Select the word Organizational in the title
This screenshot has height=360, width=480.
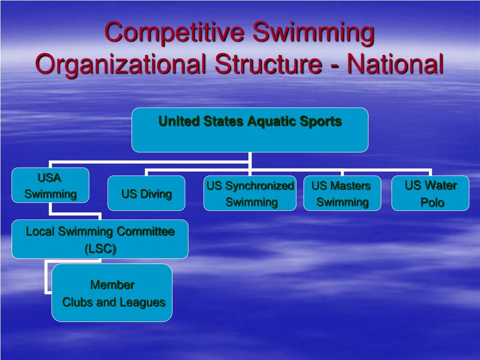(x=121, y=64)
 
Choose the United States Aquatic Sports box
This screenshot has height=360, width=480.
(x=250, y=130)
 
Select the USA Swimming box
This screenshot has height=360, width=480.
(x=50, y=185)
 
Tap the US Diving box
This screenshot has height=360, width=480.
(x=146, y=193)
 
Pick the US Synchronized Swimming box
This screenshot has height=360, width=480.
(x=250, y=193)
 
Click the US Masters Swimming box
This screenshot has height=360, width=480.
(x=342, y=193)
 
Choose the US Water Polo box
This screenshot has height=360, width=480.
(x=430, y=193)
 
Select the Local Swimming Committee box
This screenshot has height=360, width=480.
(x=100, y=239)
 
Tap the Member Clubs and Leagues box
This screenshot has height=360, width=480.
(x=112, y=293)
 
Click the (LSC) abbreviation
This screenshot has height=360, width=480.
(x=100, y=249)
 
